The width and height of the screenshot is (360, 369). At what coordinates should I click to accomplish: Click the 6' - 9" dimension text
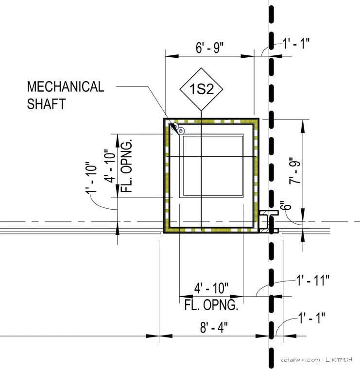(x=209, y=48)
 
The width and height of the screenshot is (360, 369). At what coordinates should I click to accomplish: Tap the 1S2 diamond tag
(x=201, y=89)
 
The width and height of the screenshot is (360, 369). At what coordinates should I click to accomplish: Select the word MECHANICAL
(x=66, y=86)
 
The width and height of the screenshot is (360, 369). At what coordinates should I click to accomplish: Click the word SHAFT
(x=46, y=104)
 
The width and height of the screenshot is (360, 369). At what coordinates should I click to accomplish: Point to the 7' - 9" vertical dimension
(x=295, y=170)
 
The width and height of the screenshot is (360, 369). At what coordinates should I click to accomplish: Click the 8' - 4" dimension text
(x=214, y=328)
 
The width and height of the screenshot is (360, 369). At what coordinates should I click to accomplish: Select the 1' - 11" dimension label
(x=312, y=280)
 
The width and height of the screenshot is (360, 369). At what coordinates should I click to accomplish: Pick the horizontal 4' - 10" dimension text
(x=211, y=288)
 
